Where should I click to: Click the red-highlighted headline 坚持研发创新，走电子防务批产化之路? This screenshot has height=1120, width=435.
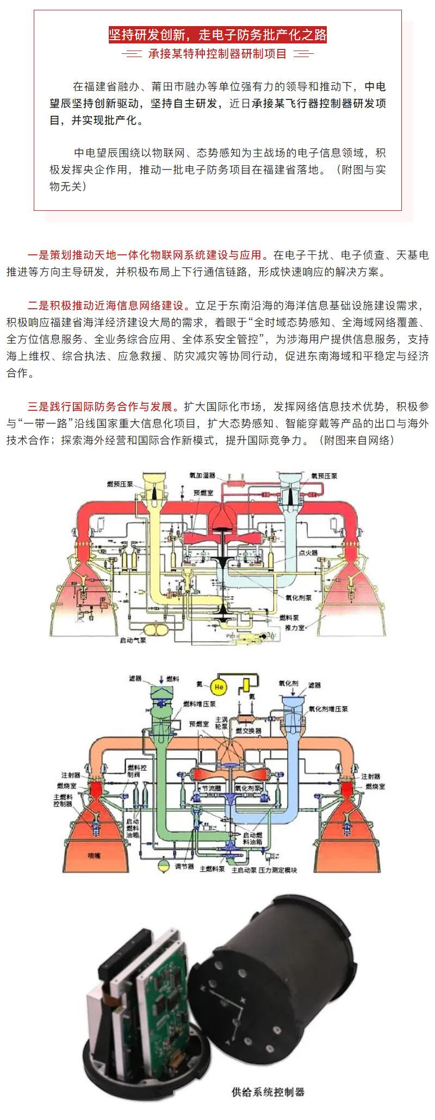click(x=217, y=35)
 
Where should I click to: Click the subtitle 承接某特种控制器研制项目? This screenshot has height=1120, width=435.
click(x=217, y=54)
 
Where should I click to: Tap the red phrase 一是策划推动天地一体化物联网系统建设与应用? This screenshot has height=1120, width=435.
click(x=147, y=255)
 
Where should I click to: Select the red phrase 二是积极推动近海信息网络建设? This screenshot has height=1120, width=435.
click(x=105, y=305)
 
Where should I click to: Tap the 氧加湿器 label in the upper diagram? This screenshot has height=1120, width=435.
click(x=202, y=475)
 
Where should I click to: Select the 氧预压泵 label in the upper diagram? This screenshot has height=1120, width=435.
click(x=324, y=475)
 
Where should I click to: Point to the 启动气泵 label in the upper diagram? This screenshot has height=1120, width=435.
click(x=133, y=640)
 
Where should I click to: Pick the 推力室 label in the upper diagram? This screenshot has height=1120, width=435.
click(x=294, y=628)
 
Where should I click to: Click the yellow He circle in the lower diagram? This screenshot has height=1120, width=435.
click(x=219, y=687)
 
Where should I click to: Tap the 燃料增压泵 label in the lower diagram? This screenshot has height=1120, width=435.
click(x=199, y=704)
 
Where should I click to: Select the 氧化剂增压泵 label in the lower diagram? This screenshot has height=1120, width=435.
click(x=328, y=709)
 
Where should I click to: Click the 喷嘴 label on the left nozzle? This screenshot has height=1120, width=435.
click(x=94, y=856)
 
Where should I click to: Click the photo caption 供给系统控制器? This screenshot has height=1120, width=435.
click(x=268, y=1092)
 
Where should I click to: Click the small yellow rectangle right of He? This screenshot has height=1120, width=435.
click(x=246, y=684)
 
